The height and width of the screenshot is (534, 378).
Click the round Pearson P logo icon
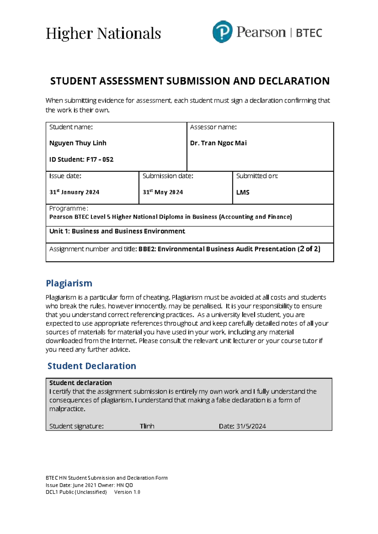(x=222, y=32)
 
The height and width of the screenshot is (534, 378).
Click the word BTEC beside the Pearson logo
(x=309, y=33)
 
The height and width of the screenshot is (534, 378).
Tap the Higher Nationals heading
(x=103, y=33)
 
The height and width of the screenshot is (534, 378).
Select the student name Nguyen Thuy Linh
(x=78, y=143)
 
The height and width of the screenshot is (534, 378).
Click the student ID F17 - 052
(x=100, y=159)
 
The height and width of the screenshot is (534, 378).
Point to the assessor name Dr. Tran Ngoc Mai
(x=218, y=143)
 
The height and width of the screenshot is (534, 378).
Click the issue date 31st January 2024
(x=74, y=192)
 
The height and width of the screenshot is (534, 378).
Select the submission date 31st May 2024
(x=163, y=192)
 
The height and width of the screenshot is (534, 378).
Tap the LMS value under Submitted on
(x=243, y=192)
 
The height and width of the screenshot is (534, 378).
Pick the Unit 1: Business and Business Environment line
(x=117, y=231)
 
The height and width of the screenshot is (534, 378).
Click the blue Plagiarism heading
(x=69, y=283)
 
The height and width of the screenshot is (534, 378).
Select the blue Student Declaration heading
(x=92, y=366)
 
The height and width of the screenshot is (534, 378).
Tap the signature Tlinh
(x=147, y=426)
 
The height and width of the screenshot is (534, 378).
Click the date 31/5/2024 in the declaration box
(x=251, y=426)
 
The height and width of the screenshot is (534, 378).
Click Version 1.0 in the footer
(x=127, y=492)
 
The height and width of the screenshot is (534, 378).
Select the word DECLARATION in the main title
(x=294, y=81)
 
